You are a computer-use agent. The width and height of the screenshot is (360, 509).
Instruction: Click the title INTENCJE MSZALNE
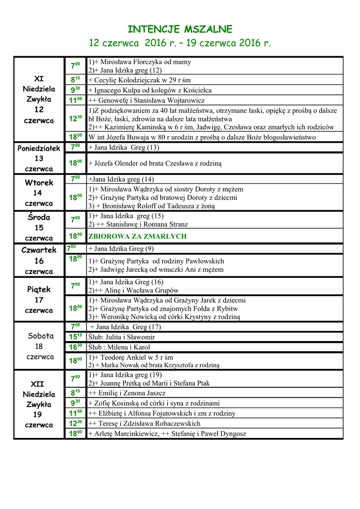click(180, 29)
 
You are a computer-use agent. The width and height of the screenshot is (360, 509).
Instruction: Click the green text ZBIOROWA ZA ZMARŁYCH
click(137, 237)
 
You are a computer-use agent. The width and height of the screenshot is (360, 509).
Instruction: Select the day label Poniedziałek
click(39, 148)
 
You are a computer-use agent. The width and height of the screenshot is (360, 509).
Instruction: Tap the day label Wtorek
click(39, 182)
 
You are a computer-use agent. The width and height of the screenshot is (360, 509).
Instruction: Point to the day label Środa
click(39, 217)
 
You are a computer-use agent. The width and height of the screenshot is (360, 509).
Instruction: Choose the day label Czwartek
click(39, 250)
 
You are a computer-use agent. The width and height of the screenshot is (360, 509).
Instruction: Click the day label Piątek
click(39, 289)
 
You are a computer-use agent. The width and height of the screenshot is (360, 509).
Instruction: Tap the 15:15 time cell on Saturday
click(75, 337)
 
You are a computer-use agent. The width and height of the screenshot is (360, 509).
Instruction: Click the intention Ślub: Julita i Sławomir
click(121, 337)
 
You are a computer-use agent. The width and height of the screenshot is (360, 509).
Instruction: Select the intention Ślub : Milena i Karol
click(119, 347)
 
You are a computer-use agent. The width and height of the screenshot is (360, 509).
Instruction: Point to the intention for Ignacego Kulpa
click(150, 90)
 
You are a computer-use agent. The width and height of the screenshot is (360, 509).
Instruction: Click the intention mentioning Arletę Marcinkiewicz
click(167, 434)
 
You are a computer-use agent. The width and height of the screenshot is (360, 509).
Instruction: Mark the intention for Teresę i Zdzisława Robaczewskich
click(144, 424)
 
